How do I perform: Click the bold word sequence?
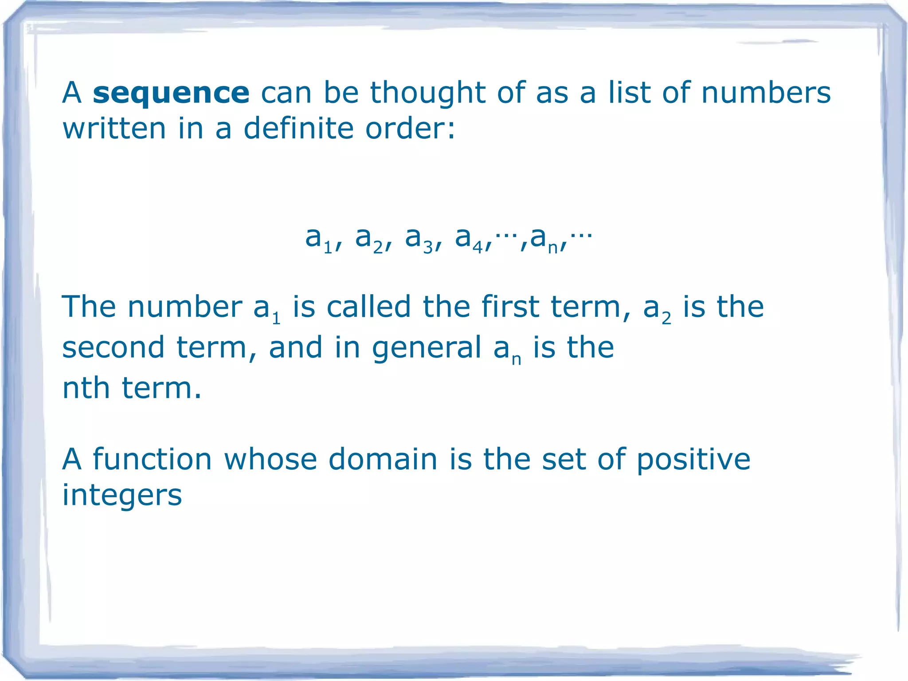(171, 93)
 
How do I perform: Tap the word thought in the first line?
(428, 93)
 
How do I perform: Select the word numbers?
(766, 93)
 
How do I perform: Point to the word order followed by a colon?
(410, 129)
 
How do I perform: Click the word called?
(369, 307)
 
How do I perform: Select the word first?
(510, 307)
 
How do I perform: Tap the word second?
(113, 347)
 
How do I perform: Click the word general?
(427, 348)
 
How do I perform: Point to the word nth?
(86, 388)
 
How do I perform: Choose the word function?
(152, 459)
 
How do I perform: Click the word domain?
(383, 459)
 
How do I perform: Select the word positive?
(693, 460)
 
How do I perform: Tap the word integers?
(122, 496)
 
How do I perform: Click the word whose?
(270, 459)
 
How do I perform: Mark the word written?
(114, 129)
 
